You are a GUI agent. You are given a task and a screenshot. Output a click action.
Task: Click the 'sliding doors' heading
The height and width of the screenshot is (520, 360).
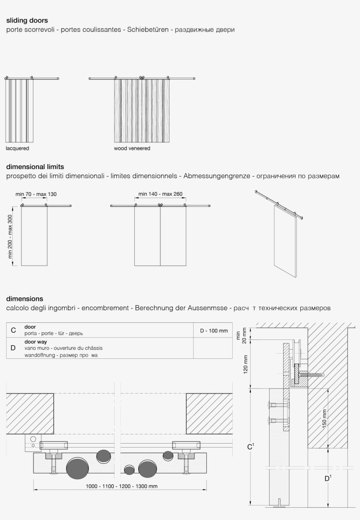(27, 20)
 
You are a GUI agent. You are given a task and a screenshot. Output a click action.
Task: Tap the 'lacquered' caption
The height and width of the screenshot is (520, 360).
(18, 148)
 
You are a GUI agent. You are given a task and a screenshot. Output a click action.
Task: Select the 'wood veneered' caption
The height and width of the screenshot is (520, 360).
(132, 148)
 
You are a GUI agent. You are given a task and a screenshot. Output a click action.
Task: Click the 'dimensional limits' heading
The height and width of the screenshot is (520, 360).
(35, 167)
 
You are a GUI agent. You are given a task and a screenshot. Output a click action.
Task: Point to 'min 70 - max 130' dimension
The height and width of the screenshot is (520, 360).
(36, 194)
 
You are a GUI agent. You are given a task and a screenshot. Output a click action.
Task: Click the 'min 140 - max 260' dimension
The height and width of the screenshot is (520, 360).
(160, 194)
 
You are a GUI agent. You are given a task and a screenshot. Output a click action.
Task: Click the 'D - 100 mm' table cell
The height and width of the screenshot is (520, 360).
(214, 331)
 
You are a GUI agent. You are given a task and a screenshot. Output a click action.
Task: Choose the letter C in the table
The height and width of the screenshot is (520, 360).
(14, 330)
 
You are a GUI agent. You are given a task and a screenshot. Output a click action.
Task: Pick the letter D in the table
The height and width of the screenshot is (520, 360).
(14, 348)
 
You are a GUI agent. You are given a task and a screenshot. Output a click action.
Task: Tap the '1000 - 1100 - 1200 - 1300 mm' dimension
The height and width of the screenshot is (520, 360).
(122, 486)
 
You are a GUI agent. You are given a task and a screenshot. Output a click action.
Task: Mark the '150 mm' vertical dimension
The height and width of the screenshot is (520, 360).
(324, 419)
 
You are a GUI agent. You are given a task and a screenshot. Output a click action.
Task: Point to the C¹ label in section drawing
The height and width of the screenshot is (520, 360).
(251, 447)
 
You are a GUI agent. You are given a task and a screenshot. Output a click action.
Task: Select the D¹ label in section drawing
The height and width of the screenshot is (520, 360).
(328, 479)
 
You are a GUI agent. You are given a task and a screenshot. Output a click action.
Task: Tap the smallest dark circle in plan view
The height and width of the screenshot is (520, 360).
(129, 470)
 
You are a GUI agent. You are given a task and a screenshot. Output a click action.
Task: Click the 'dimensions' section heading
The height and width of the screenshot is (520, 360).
(25, 299)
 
